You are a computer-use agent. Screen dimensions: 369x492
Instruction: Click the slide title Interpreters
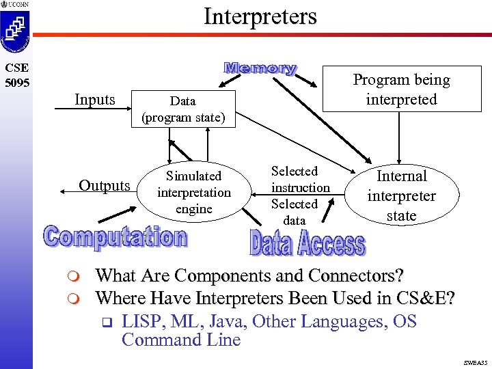260,16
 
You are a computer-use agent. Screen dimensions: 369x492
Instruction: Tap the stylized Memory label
260,68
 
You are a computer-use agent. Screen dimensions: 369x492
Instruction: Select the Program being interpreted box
401,89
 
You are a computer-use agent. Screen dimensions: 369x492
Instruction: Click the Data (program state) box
182,109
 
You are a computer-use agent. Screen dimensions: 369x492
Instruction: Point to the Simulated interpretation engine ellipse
194,192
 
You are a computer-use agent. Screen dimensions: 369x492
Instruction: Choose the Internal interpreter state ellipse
401,195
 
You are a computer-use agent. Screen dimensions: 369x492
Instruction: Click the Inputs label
95,99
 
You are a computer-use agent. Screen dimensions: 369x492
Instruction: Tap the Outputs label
104,185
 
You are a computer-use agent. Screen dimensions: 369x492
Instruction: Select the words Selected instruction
300,179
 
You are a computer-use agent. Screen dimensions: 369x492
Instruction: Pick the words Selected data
295,212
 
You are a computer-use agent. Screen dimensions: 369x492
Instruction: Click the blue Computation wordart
115,237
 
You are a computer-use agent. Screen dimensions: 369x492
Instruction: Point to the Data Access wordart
307,243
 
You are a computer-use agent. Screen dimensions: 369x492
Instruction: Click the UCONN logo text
18,5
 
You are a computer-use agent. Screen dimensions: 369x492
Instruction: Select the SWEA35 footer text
473,361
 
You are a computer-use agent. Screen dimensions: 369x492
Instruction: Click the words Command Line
181,340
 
